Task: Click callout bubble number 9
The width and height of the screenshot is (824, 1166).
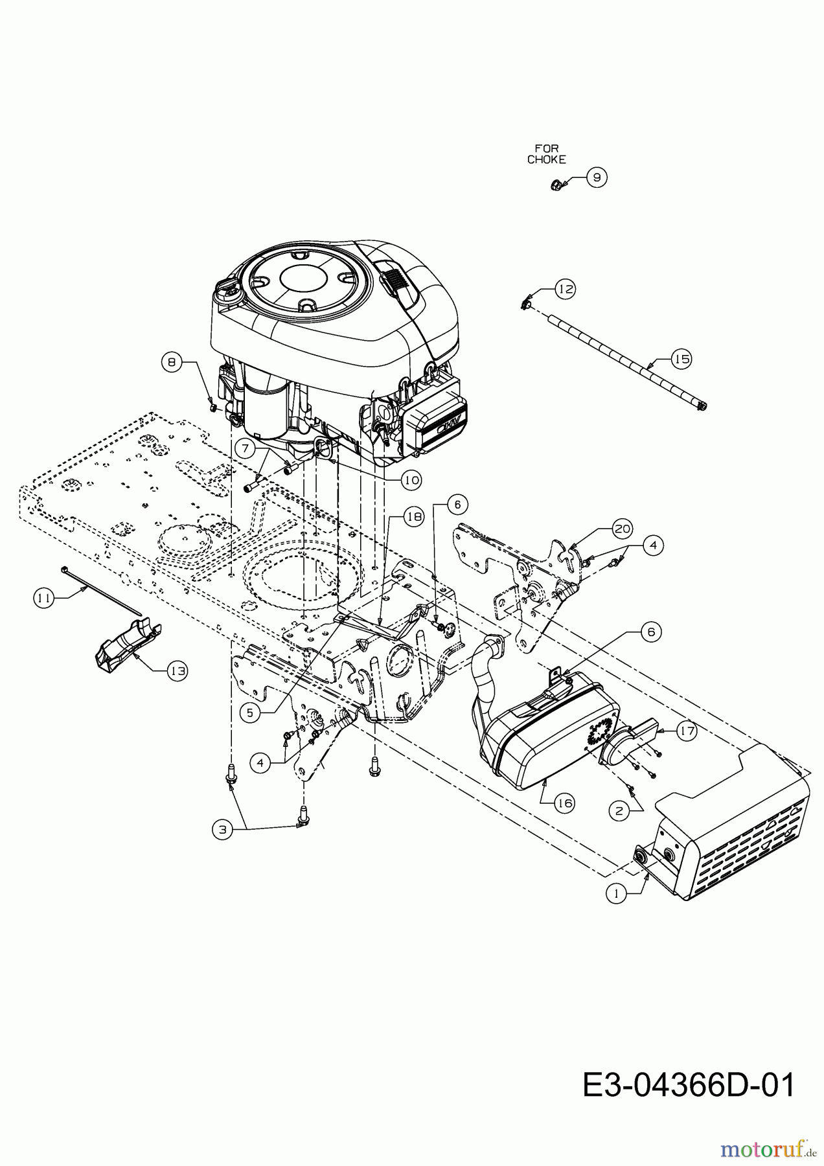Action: click(597, 177)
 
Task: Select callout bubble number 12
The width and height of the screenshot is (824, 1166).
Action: click(566, 289)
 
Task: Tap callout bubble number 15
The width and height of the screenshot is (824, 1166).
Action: click(681, 359)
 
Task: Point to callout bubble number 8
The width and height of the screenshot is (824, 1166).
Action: click(172, 362)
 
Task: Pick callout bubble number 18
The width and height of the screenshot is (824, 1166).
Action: click(414, 516)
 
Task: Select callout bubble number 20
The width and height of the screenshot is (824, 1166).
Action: click(622, 529)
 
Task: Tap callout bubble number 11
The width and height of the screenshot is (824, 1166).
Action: click(43, 599)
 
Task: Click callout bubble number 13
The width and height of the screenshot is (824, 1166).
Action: click(177, 672)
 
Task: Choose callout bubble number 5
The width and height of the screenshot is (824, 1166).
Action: click(249, 712)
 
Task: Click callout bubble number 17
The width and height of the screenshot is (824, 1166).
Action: click(686, 731)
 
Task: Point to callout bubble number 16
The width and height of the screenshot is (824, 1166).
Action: click(564, 803)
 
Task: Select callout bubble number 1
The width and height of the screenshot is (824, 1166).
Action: click(616, 893)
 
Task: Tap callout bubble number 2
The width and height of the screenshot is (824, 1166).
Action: click(621, 810)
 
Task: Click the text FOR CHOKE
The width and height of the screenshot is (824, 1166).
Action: click(546, 154)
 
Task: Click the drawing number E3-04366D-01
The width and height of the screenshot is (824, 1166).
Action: click(688, 1085)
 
